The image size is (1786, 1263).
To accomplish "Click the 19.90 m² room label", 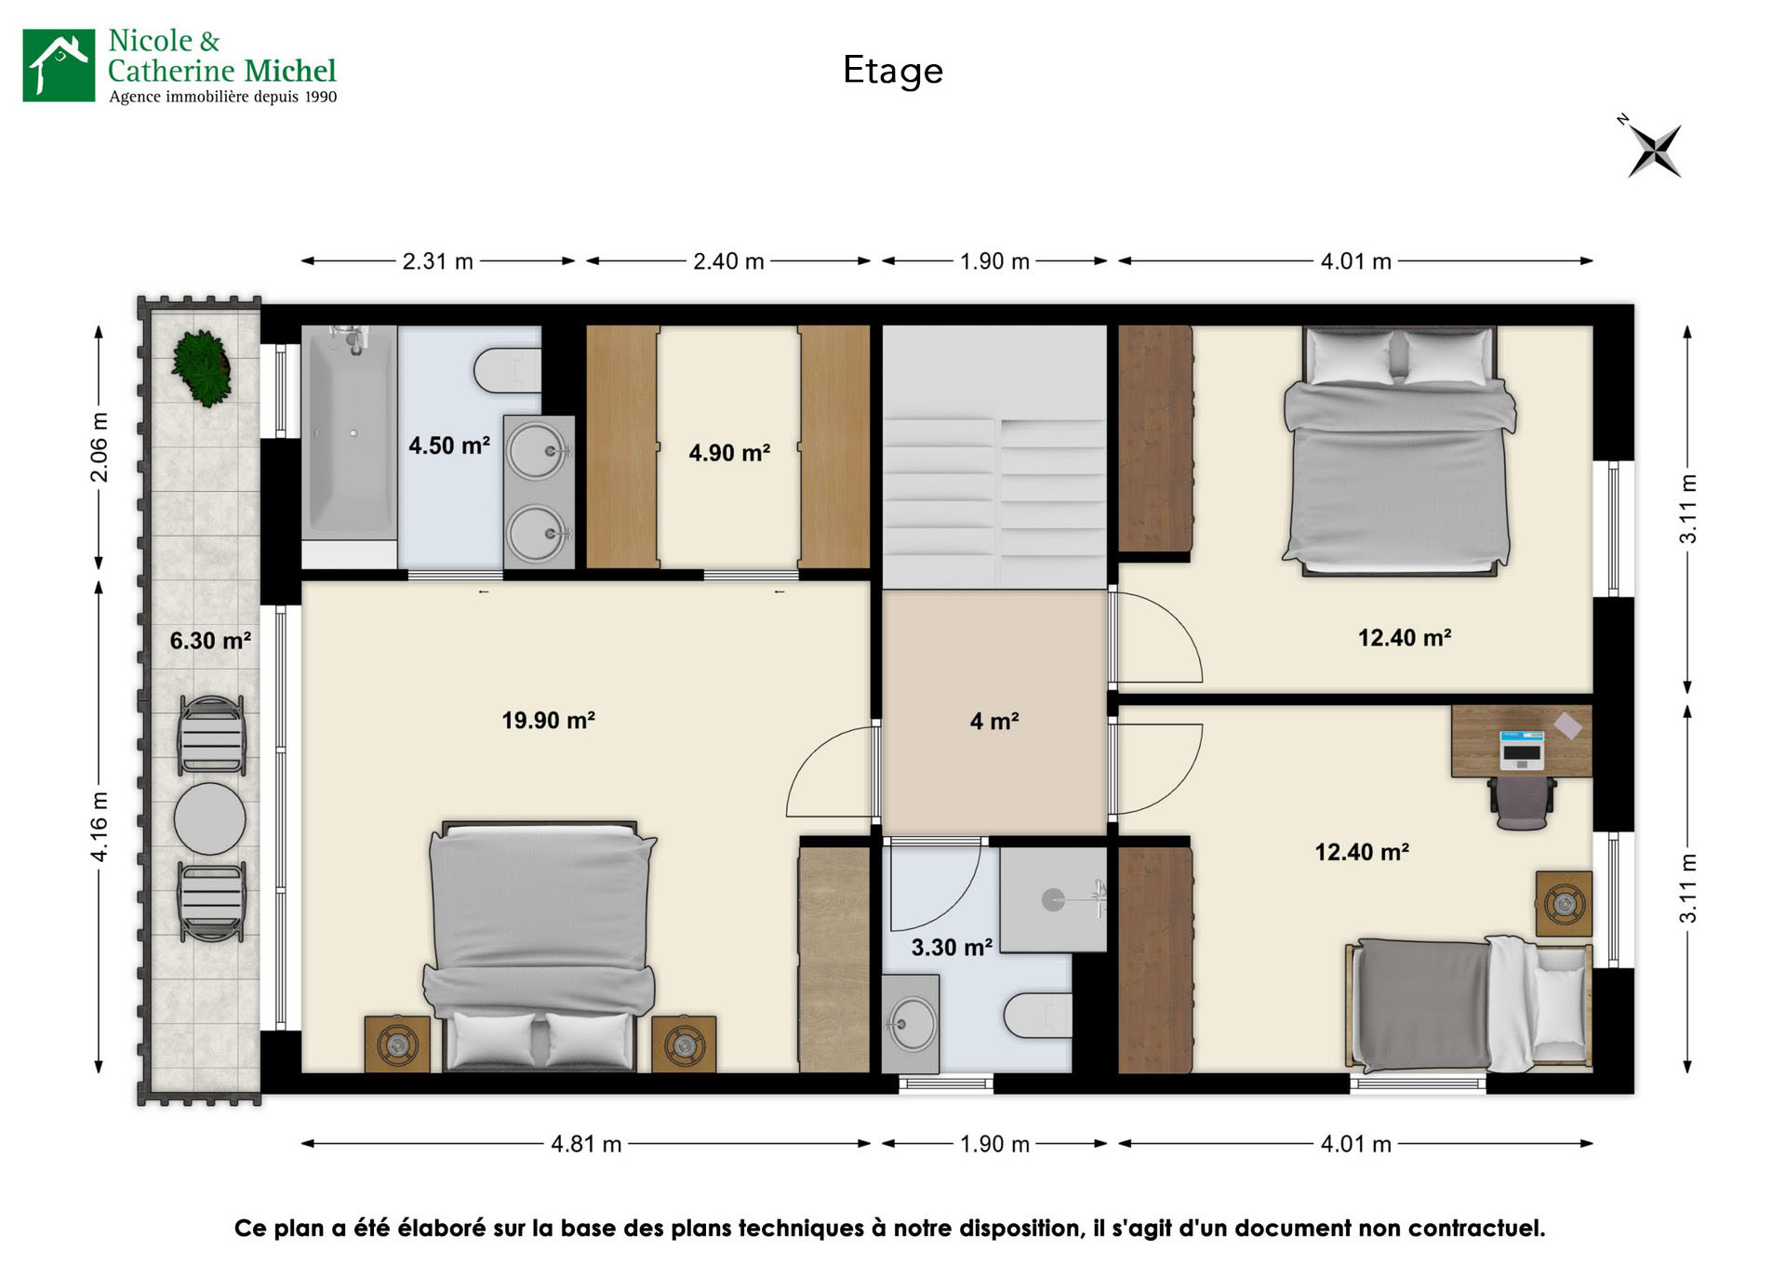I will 548,721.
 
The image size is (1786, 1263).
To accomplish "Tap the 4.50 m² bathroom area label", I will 449,445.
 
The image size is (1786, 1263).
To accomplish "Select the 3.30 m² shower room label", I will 951,948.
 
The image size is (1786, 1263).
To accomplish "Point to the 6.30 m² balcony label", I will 210,641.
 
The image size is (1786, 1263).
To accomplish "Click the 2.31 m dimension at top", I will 437,261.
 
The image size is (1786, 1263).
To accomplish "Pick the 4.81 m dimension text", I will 586,1144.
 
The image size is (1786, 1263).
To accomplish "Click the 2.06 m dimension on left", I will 100,447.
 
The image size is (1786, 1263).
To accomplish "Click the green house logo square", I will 59,65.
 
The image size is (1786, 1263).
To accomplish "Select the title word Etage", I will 893,71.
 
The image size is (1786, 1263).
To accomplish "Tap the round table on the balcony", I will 210,818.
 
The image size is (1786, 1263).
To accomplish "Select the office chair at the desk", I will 1522,802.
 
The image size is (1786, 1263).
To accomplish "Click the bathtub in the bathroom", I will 349,432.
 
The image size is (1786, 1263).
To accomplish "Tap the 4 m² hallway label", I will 994,722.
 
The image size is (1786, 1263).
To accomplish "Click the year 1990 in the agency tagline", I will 321,97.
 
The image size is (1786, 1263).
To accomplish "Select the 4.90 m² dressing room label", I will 729,453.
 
